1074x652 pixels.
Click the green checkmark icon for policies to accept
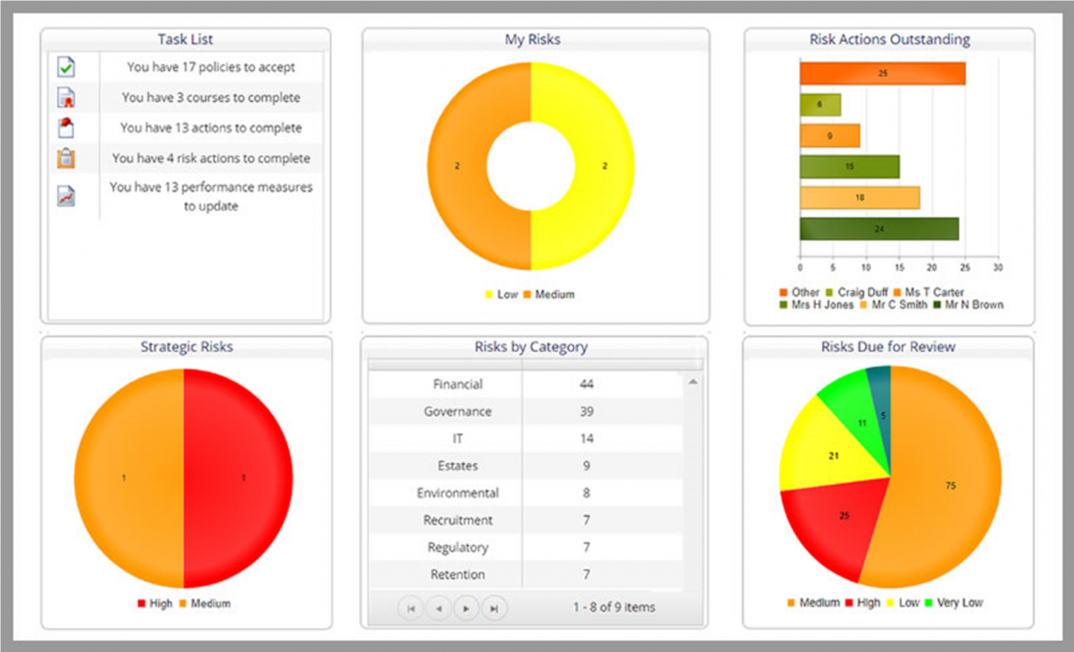[66, 68]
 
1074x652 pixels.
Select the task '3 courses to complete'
[211, 98]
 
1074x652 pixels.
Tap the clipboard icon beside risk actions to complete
[66, 158]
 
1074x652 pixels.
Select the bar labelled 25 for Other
[882, 73]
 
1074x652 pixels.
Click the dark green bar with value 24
[879, 229]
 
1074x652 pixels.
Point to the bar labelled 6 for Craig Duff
[819, 104]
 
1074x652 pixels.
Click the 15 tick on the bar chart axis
[899, 267]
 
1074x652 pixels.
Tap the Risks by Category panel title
[531, 347]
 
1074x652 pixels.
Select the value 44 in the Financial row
[586, 385]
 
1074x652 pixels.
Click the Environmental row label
[458, 493]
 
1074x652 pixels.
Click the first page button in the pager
[410, 608]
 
